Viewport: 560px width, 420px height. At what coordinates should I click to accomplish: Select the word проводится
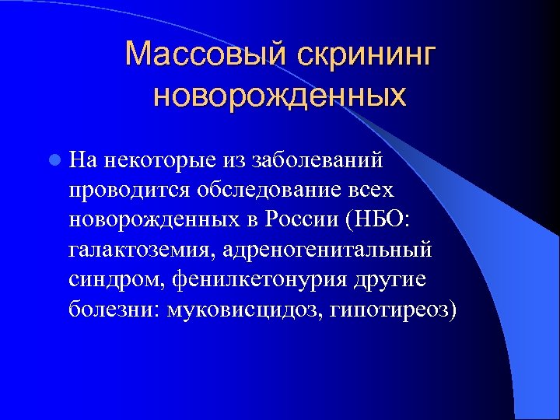[119, 190]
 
